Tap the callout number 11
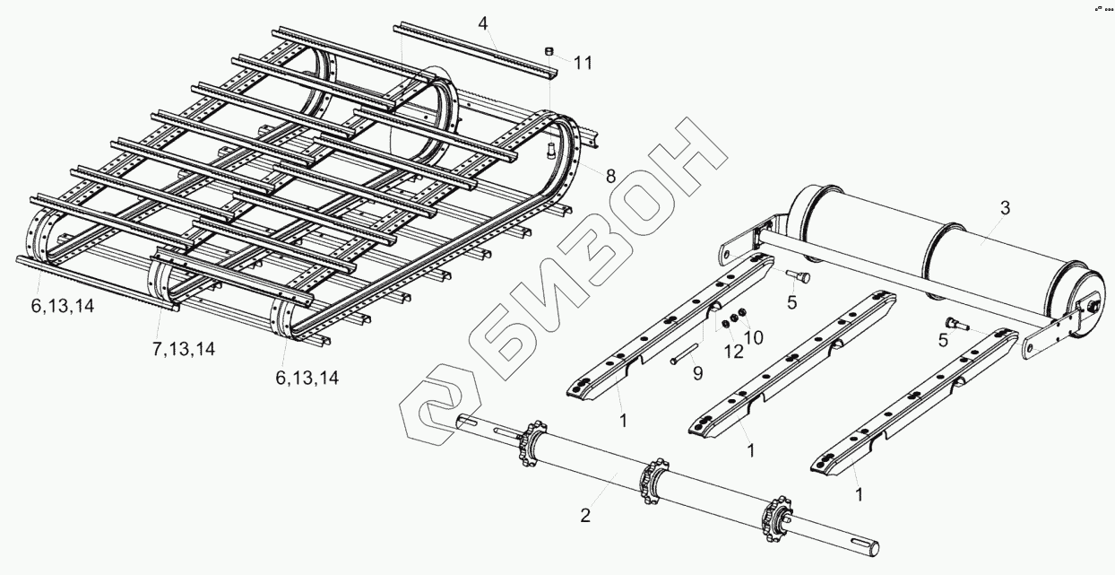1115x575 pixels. click(x=583, y=63)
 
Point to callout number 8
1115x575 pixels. click(x=610, y=176)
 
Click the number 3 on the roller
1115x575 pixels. click(x=1005, y=208)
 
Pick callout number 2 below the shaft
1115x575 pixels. click(x=584, y=515)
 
